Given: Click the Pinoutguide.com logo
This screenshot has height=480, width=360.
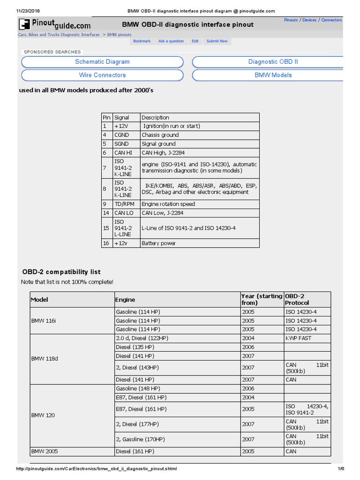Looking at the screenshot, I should (55, 24).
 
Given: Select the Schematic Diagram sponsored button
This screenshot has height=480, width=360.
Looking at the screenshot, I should (102, 62).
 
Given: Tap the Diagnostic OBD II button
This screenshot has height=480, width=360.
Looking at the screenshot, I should (273, 62).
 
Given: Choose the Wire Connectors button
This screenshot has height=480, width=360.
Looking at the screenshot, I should (102, 75).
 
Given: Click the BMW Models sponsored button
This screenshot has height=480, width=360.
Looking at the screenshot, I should (273, 75).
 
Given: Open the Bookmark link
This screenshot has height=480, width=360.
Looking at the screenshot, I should (142, 41).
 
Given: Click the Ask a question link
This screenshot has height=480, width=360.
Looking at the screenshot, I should (171, 41).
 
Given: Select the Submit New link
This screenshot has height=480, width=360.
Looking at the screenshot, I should (217, 41).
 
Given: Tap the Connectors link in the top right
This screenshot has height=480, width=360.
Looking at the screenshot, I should (331, 20).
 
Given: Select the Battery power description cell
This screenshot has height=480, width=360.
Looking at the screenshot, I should (159, 243).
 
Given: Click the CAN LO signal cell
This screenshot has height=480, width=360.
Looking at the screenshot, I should (124, 213).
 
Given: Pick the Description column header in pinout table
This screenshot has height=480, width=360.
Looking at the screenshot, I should (156, 118).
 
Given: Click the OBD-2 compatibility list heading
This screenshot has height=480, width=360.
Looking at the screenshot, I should (61, 272).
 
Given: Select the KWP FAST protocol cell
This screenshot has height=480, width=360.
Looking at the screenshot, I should (299, 338).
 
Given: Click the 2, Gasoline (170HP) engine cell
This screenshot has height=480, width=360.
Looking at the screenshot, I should (140, 439).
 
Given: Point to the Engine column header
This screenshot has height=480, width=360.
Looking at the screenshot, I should (125, 300).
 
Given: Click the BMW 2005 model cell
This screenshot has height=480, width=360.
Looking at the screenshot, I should (45, 451).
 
